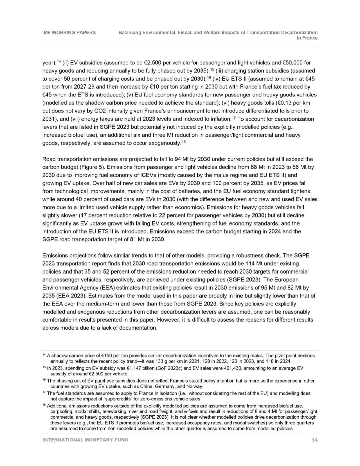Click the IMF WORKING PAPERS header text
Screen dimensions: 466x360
point(69,32)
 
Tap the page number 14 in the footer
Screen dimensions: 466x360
point(314,440)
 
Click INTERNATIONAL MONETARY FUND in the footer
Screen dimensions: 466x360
point(85,440)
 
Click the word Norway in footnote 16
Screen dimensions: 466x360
point(194,386)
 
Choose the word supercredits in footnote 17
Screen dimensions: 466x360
point(111,399)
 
